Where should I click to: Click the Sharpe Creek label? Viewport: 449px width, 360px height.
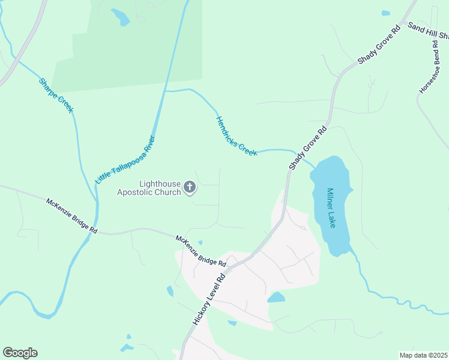pos(56,95)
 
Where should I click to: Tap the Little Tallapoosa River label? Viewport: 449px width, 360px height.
pos(125,159)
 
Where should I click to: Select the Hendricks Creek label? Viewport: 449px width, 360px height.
pos(237,136)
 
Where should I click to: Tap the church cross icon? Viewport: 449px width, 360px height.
pos(190,188)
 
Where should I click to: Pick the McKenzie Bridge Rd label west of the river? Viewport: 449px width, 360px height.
pos(71,215)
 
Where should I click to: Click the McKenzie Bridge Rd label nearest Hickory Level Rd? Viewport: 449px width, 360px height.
pos(200,251)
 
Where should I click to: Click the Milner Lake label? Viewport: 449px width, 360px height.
pos(331,208)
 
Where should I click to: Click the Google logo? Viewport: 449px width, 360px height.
pos(20,353)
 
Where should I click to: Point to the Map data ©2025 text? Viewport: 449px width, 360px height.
pos(423,355)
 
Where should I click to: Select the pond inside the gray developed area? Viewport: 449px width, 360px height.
pos(276,297)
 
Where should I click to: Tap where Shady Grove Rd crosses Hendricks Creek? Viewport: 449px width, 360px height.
pos(298,153)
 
